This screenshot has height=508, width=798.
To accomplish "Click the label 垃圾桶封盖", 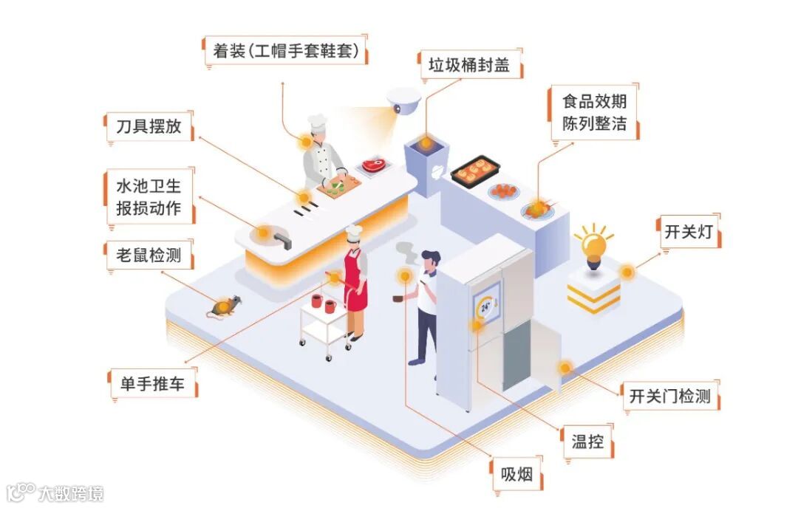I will point(469,65).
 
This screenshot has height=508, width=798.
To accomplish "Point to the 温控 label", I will point(587,442).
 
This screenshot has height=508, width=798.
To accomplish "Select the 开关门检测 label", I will point(669,397).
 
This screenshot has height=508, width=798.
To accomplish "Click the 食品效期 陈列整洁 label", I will point(594,112).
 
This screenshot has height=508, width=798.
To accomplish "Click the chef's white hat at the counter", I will point(318,123).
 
